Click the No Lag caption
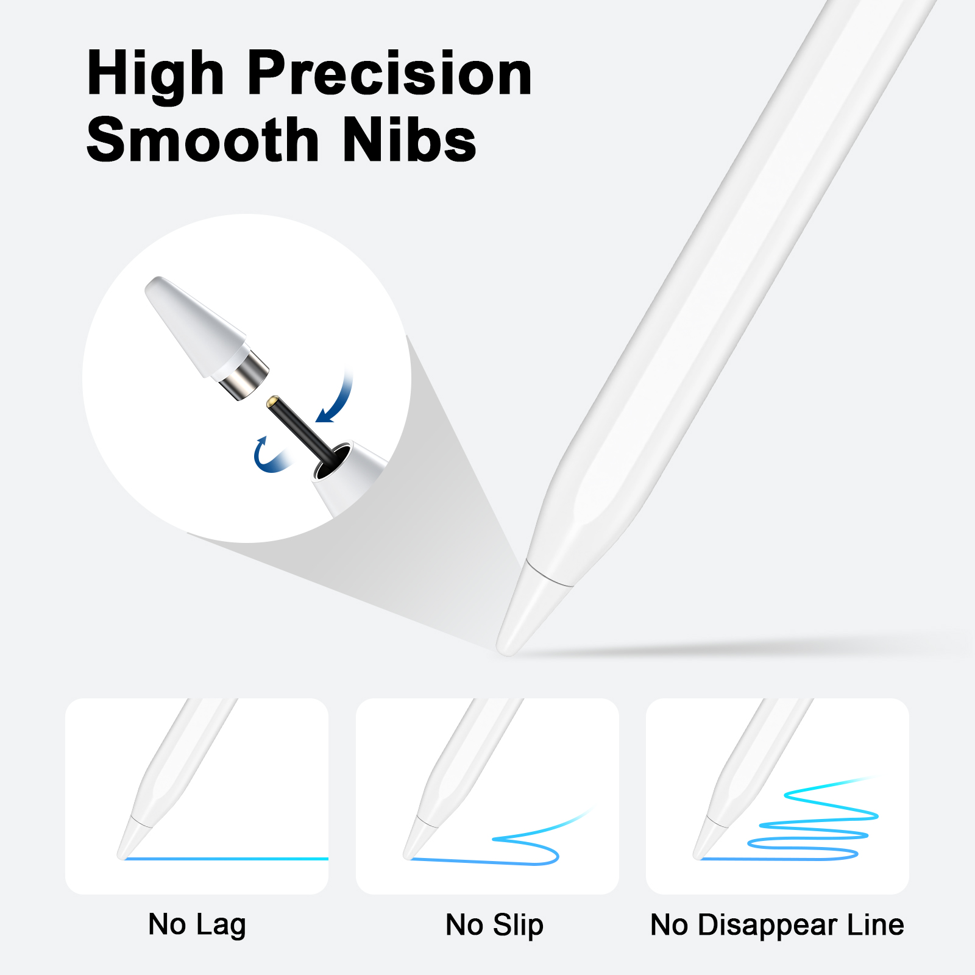click(x=197, y=925)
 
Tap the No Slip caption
click(x=494, y=925)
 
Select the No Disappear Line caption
click(x=777, y=925)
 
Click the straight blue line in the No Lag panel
click(x=225, y=859)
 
